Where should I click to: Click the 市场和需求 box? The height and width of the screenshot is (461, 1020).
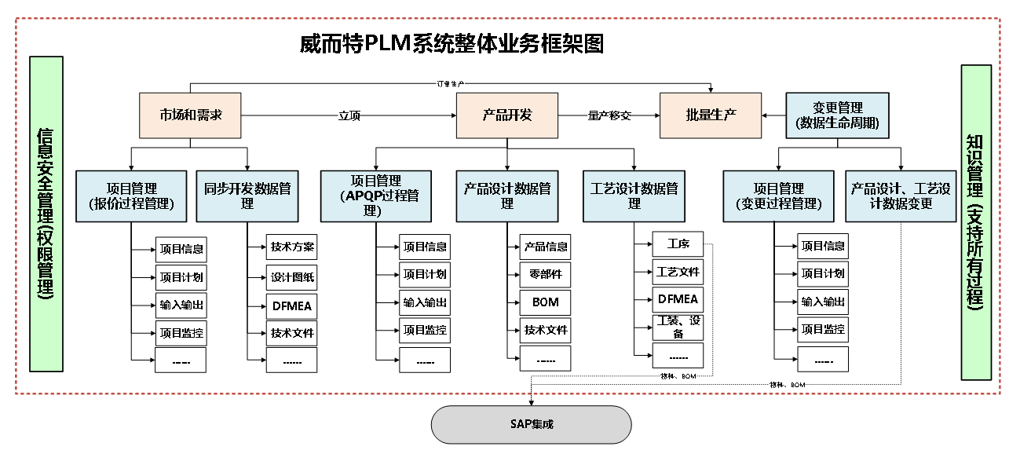pyautogui.click(x=189, y=115)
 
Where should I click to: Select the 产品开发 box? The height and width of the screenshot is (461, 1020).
pyautogui.click(x=506, y=115)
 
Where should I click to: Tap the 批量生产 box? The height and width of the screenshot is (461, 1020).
pyautogui.click(x=710, y=115)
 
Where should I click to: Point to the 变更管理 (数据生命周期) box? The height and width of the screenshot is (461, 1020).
pyautogui.click(x=837, y=115)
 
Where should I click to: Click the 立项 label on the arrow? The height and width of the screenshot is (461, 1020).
pyautogui.click(x=349, y=115)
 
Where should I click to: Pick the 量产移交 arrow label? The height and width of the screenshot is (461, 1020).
pyautogui.click(x=609, y=115)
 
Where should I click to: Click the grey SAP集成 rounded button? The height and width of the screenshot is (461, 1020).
pyautogui.click(x=531, y=424)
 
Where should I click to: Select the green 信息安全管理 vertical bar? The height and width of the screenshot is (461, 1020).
pyautogui.click(x=46, y=214)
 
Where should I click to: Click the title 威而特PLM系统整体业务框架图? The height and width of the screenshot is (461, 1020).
pyautogui.click(x=452, y=43)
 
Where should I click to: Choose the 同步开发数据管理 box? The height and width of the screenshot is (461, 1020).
pyautogui.click(x=247, y=196)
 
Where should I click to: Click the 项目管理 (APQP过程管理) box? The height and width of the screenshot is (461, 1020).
pyautogui.click(x=375, y=196)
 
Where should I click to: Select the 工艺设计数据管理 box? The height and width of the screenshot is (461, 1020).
pyautogui.click(x=634, y=196)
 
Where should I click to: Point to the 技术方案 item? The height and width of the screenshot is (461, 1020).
pyautogui.click(x=292, y=247)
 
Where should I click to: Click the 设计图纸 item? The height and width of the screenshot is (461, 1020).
pyautogui.click(x=292, y=277)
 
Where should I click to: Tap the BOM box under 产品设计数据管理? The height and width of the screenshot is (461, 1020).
pyautogui.click(x=545, y=302)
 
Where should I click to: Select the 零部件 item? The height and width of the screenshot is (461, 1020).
pyautogui.click(x=545, y=274)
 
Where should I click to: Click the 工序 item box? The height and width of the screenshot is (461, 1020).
pyautogui.click(x=678, y=243)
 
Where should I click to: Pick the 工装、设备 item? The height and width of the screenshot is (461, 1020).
pyautogui.click(x=678, y=327)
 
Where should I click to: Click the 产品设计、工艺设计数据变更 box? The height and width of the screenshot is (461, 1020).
pyautogui.click(x=901, y=196)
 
